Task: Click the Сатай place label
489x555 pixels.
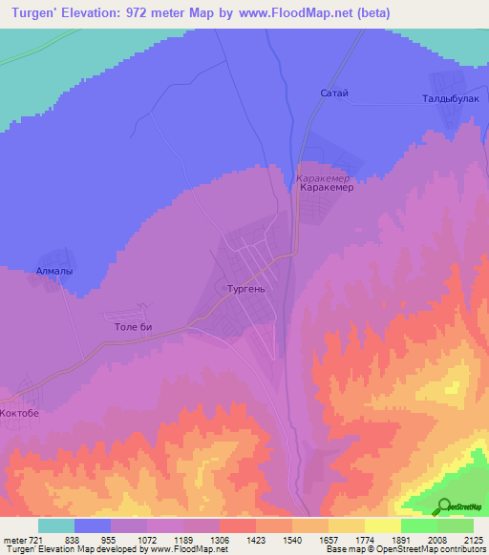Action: coord(334,92)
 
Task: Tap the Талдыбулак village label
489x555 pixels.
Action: coord(449,97)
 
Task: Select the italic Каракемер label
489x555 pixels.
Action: coord(324,177)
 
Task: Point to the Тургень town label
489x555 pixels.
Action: coord(252,288)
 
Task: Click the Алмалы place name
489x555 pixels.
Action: coord(54,271)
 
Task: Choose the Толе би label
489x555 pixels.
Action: coord(133,327)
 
